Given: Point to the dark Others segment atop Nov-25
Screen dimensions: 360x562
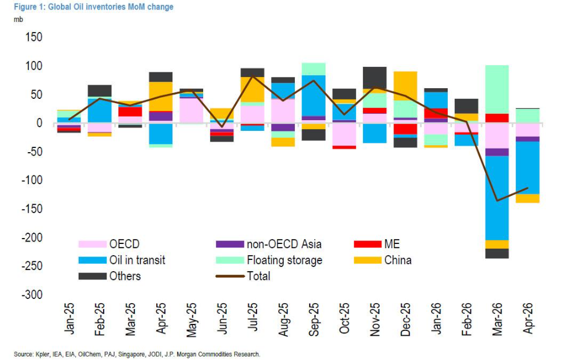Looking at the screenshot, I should click(375, 78).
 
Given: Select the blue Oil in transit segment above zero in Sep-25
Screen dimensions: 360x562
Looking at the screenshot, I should click(314, 95).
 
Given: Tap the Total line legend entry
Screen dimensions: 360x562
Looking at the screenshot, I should click(258, 276).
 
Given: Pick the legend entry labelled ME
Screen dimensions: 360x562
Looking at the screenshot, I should click(391, 244).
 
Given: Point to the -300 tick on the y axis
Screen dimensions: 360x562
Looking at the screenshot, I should click(32, 295).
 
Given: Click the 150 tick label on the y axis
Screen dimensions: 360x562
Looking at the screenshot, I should click(33, 37).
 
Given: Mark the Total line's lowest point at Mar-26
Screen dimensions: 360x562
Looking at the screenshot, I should click(497, 201).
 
